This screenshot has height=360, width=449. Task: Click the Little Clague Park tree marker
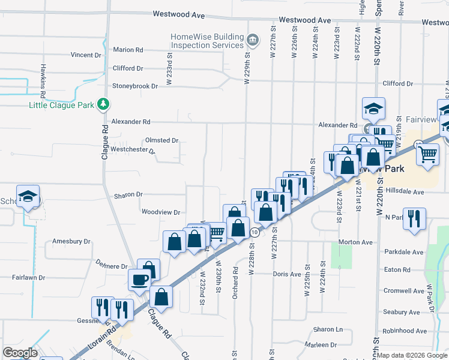103,104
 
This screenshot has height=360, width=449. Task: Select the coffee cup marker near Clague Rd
139,279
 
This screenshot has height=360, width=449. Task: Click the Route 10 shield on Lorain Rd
255,232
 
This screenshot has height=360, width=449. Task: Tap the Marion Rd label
128,50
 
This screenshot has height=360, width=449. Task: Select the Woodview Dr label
160,212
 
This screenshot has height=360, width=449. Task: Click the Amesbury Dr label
71,241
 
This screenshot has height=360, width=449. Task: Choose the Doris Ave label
286,274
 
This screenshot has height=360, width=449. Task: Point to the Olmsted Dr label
161,140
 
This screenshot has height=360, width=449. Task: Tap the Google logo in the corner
20,353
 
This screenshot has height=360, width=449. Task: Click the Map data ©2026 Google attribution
412,356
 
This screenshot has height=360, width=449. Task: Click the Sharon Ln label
327,329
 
